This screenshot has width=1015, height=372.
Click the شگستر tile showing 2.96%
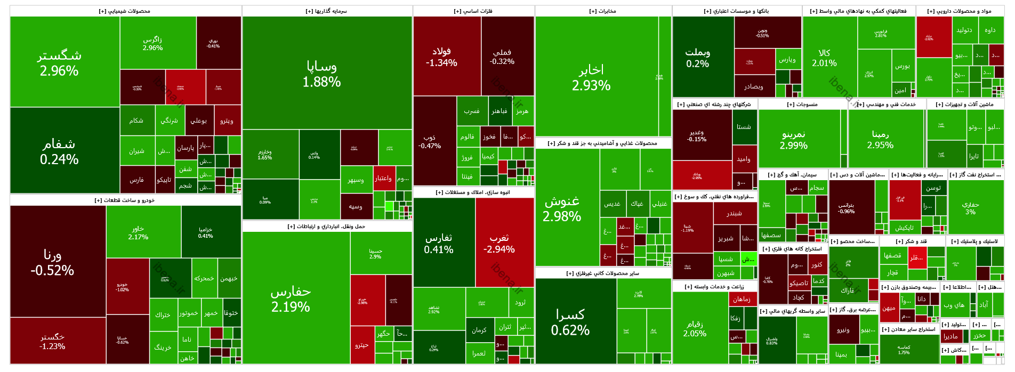[x=59, y=62]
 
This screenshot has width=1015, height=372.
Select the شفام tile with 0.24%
[x=59, y=151]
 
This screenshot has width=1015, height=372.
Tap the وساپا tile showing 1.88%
[x=321, y=74]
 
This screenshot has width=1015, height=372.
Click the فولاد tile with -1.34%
[x=441, y=56]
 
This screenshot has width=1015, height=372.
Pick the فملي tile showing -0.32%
[x=502, y=56]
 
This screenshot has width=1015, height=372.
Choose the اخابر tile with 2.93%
[x=591, y=77]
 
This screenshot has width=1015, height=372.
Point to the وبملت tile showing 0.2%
[x=697, y=58]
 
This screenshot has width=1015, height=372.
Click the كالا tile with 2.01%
[x=824, y=58]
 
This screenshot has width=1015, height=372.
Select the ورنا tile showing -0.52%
[x=52, y=262]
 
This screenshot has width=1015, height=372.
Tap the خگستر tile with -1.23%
[x=52, y=341]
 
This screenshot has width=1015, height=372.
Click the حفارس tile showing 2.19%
[x=291, y=298]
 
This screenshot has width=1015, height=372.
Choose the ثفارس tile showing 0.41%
[x=439, y=244]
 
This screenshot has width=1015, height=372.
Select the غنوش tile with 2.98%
[x=562, y=208]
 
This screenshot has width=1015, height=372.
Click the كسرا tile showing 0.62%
[x=570, y=322]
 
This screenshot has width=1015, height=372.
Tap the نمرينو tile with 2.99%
[x=794, y=140]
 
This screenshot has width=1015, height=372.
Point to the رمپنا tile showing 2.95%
[x=880, y=139]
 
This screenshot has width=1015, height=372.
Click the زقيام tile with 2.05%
[x=695, y=328]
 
